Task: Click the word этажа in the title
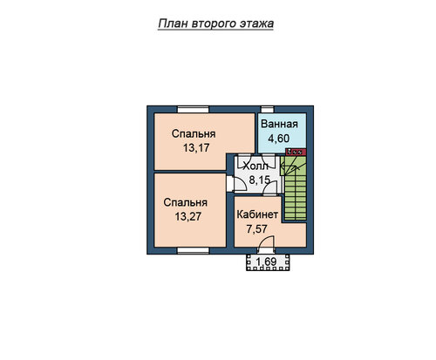(256, 24)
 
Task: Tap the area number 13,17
(196, 148)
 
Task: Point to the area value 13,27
(188, 216)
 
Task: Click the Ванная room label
(279, 124)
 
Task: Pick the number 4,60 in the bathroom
(279, 139)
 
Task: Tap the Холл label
(255, 166)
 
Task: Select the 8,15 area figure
(260, 180)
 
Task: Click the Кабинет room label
(257, 214)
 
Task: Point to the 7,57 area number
(256, 229)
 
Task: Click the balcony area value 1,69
(266, 262)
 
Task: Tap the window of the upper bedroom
(194, 110)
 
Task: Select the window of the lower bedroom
(194, 250)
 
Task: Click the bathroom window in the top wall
(268, 110)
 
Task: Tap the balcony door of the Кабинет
(266, 245)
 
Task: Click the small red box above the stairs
(296, 152)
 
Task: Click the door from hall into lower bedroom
(236, 184)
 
